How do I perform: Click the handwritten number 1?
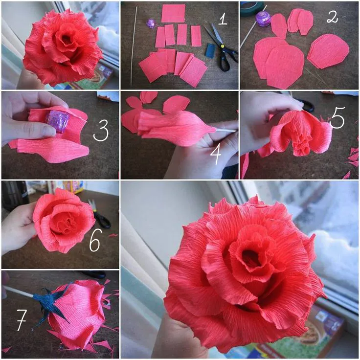click(222, 19)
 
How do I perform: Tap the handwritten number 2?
click(332, 17)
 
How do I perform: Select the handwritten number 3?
click(101, 131)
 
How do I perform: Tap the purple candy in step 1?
click(151, 23)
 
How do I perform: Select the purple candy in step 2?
click(264, 19)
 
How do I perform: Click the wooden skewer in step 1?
click(134, 46)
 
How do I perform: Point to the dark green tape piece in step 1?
click(210, 50)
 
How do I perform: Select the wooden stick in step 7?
click(19, 292)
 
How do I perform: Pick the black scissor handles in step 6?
click(102, 220)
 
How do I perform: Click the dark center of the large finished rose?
click(251, 257)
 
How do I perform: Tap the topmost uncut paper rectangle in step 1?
click(173, 13)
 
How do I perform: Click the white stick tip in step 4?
click(226, 131)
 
